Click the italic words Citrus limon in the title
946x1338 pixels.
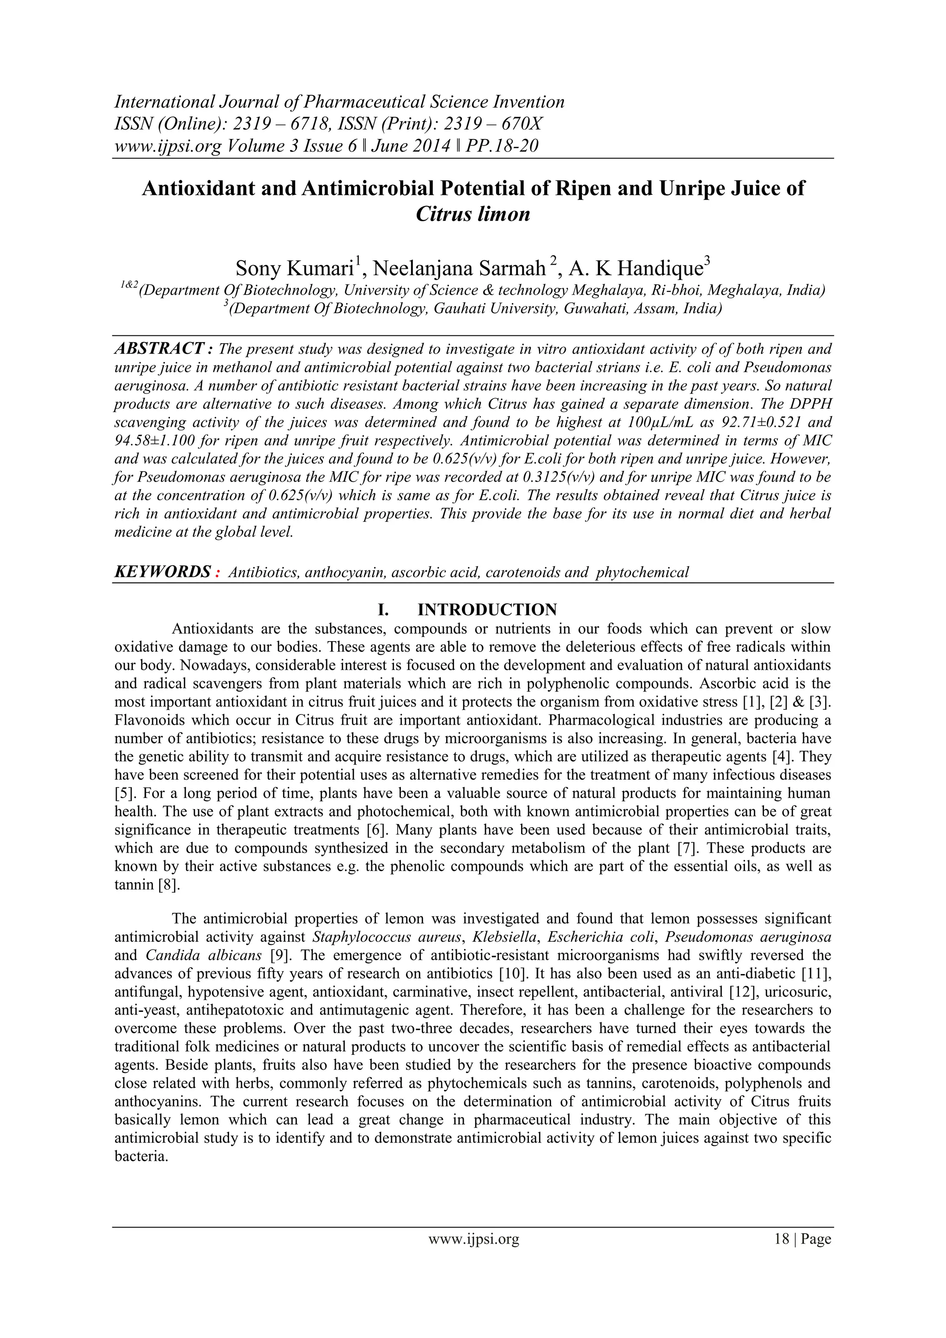(x=473, y=214)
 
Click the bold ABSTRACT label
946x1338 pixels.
(x=163, y=349)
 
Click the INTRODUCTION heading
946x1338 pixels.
(x=487, y=610)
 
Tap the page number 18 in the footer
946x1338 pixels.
(x=781, y=1255)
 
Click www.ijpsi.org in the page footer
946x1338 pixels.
(x=473, y=1255)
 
